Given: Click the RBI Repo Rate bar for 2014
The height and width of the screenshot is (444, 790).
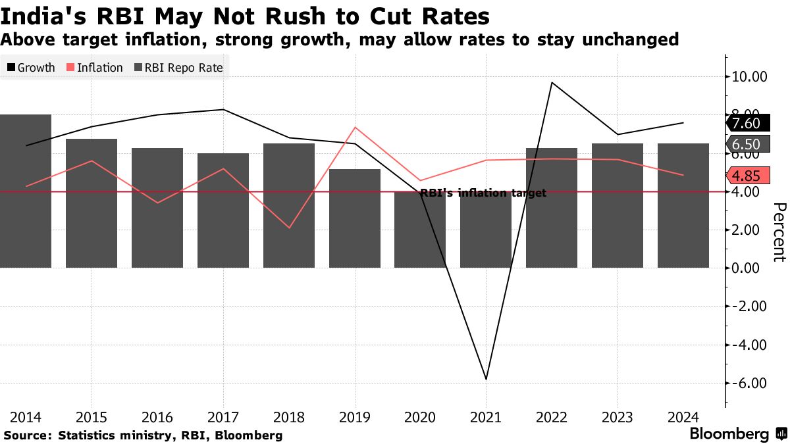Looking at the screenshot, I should click(x=25, y=191).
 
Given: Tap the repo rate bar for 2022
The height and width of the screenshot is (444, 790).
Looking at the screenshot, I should click(x=552, y=208).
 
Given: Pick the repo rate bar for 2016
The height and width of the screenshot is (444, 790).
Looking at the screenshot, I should click(x=157, y=208).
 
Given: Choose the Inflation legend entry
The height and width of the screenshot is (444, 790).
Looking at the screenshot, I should click(x=95, y=68).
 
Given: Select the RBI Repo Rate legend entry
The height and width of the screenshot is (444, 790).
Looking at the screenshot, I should click(x=179, y=68).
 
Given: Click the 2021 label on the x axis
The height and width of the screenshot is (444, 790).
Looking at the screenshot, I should click(x=486, y=417).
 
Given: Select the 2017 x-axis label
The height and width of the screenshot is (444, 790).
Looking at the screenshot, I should click(x=223, y=417).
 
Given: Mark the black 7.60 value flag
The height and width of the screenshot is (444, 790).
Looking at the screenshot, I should click(x=747, y=123).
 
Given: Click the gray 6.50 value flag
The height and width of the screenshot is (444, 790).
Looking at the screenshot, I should click(x=747, y=144).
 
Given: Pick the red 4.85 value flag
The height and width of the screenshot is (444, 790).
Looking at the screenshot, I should click(x=747, y=176).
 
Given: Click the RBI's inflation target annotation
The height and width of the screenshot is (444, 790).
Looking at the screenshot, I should click(x=483, y=193).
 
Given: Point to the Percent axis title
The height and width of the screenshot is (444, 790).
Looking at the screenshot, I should click(x=778, y=232).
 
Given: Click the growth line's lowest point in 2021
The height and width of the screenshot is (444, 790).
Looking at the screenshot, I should click(x=486, y=379).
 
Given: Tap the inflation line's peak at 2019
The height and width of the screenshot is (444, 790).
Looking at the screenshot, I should click(x=355, y=127).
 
